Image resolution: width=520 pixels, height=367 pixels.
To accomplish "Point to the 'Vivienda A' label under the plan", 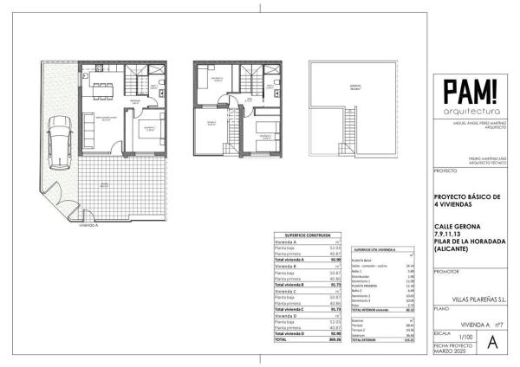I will [x=88, y=223].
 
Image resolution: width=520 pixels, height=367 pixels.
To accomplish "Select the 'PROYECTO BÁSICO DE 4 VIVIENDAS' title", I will [x=468, y=200].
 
